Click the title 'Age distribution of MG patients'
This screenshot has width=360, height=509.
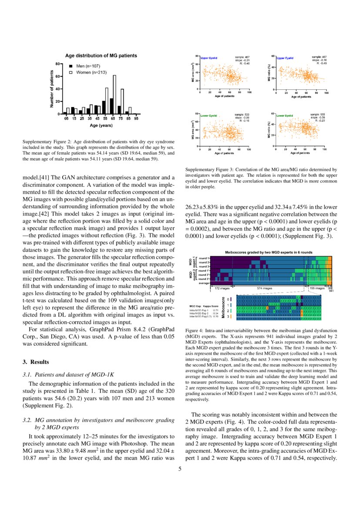pos(101,56)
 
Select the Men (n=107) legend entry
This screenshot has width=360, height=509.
pos(87,66)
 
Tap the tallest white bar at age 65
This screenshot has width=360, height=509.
pos(114,94)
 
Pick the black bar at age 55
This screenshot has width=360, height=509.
pos(104,107)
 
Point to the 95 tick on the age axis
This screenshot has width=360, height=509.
pos(136,118)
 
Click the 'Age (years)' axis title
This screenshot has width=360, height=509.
pos(101,125)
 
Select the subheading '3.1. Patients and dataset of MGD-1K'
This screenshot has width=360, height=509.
pos(68,374)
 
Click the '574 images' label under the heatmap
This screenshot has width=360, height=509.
pos(265,288)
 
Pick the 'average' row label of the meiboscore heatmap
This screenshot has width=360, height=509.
pos(204,283)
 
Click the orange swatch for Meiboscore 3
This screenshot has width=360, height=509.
pos(231,316)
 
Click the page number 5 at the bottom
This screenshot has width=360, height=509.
pos(180,469)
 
